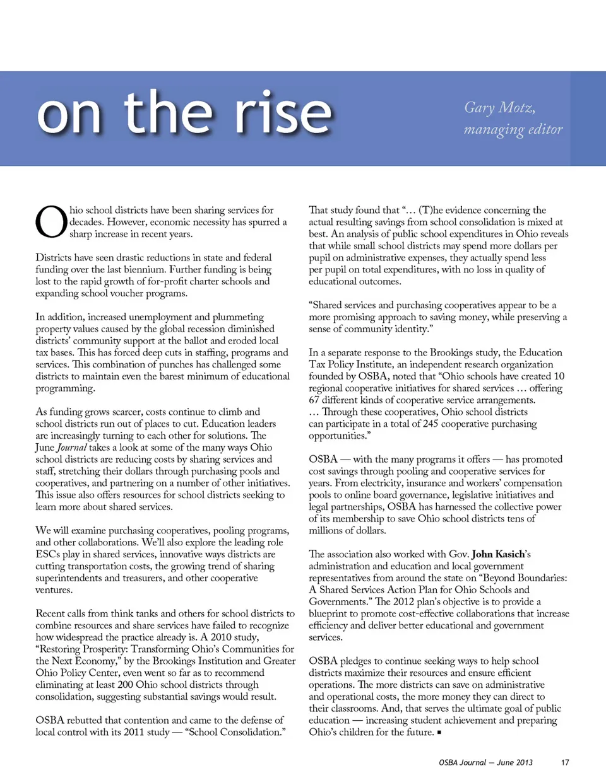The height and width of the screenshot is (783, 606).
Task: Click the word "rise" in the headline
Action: click(x=283, y=113)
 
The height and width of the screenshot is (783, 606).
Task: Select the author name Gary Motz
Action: click(x=499, y=108)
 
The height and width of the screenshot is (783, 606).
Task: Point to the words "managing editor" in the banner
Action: click(x=513, y=129)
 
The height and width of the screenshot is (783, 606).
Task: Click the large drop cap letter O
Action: click(x=50, y=222)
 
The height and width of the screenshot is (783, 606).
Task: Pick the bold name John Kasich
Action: click(x=498, y=554)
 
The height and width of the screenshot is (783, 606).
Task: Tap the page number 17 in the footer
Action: click(x=565, y=762)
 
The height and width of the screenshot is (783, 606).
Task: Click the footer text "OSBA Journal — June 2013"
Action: click(x=485, y=762)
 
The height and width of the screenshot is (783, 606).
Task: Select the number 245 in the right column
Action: click(x=431, y=424)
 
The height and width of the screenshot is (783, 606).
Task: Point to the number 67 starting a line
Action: click(x=314, y=400)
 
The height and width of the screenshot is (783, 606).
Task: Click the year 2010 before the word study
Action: click(x=222, y=637)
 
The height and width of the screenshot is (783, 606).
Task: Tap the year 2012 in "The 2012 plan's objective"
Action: click(x=403, y=601)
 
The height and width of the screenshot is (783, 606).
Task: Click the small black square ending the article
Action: click(x=439, y=733)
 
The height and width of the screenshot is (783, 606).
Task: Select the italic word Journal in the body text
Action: click(x=71, y=448)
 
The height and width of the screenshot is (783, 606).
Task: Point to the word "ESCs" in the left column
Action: click(x=47, y=554)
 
